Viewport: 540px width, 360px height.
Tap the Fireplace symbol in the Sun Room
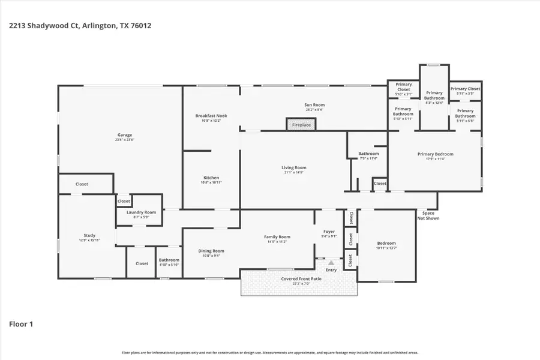coord(301,124)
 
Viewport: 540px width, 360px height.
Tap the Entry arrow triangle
coord(331,262)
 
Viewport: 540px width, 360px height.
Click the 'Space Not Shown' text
coord(428,215)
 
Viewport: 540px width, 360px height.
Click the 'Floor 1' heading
coord(21,324)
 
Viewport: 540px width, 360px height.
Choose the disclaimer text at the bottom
coord(270,353)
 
